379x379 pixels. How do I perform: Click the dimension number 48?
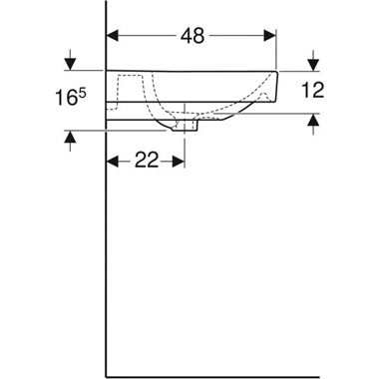click(191, 36)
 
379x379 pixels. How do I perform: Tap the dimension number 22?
click(147, 161)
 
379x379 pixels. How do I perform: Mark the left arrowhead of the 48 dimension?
click(113, 36)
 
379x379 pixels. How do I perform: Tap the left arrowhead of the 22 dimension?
click(113, 161)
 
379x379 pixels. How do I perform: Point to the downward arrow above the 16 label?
click(70, 63)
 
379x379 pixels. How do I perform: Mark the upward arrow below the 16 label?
click(70, 138)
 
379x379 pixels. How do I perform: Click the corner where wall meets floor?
click(107, 376)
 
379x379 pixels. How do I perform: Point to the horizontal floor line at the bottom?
click(219, 376)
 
